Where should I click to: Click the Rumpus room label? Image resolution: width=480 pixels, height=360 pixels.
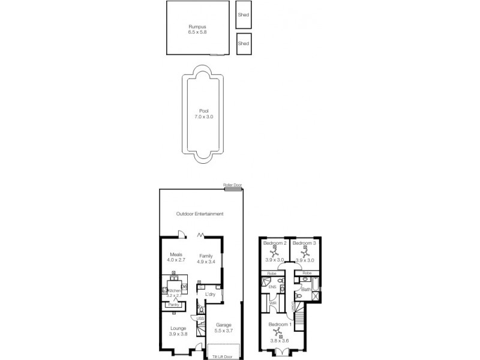point(197,26)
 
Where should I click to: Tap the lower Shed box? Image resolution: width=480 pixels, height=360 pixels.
point(243,44)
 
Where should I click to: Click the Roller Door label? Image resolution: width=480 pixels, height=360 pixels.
point(232,185)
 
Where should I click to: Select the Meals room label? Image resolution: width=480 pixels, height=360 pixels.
point(176,254)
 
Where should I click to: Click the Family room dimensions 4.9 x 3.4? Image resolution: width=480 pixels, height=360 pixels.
point(206,262)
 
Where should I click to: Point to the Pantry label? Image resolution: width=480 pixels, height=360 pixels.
point(173,305)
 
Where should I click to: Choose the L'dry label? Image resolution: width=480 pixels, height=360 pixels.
point(210,295)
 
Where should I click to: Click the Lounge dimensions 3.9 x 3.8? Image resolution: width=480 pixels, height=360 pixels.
point(178,334)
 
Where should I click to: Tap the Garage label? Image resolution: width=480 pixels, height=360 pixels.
point(223,325)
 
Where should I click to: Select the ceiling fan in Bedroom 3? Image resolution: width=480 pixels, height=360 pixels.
point(304,253)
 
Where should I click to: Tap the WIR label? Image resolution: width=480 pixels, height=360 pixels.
point(273,303)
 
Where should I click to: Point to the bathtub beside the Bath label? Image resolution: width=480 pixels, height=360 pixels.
point(317,289)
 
